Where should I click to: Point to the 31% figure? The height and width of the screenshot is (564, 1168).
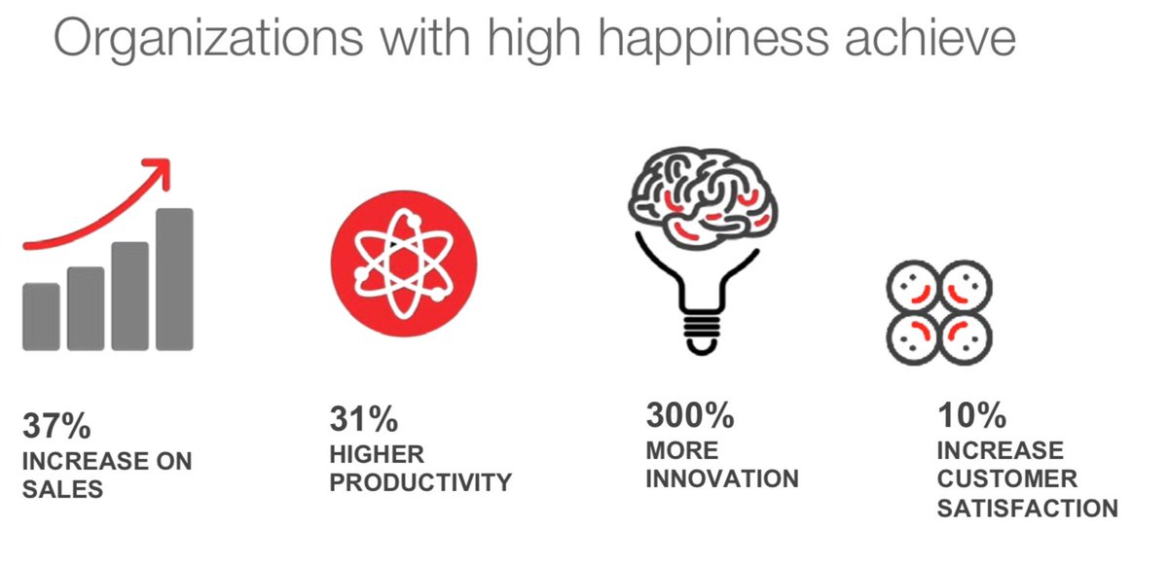point(364,420)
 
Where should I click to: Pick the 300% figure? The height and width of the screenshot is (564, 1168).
point(690,416)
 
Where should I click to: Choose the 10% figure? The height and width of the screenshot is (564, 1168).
point(971,416)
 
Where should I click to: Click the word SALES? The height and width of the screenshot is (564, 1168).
point(62,489)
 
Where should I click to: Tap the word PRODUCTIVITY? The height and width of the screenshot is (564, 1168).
point(420,483)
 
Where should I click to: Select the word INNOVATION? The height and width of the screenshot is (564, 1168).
point(722,479)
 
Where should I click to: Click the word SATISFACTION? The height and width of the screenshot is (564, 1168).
point(1027,509)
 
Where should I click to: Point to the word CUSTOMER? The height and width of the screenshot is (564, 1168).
point(1007,479)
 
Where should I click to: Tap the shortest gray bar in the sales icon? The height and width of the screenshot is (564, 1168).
point(41,316)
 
